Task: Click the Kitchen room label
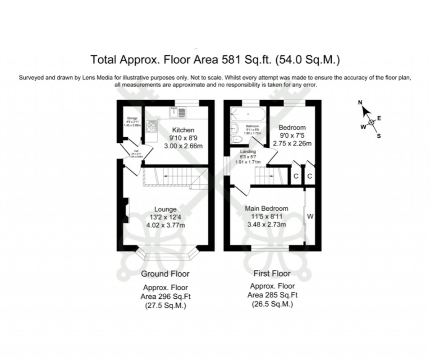pos(183,130)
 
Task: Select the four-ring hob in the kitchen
pos(151,127)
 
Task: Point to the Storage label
pos(132,119)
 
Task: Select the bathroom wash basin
pos(234,129)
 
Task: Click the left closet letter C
pos(296,176)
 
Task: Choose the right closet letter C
pos(309,176)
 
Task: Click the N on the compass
pos(360,102)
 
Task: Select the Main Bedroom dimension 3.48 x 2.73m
pos(267,224)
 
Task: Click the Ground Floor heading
pos(165,274)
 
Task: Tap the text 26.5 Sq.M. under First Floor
pos(272,304)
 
